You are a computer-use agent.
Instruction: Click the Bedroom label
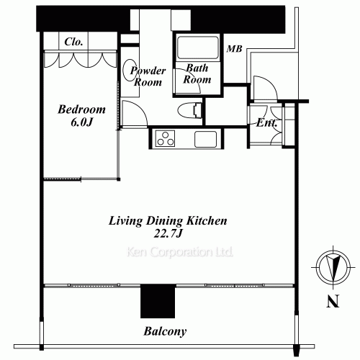pos(81,109)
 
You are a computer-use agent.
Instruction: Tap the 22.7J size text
pos(168,233)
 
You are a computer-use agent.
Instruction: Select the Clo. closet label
pos(73,42)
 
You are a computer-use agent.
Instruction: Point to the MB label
pos(235,49)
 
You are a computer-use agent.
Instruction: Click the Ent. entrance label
pos(266,123)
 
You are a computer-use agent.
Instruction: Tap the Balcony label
pos(165,331)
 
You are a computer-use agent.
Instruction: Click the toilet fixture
pos(190,110)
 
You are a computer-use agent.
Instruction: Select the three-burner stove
pos(165,138)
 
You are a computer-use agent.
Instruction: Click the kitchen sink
pos(206,139)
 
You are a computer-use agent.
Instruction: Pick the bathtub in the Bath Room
pos(198,48)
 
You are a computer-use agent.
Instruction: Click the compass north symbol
pos(333,267)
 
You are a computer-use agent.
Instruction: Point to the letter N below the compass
pos(333,301)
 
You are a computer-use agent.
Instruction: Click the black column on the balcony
pos(158,301)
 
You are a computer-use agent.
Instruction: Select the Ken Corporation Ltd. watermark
pos(180,252)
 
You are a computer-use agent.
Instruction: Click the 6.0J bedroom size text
pos(81,122)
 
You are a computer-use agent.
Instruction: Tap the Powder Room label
pos(148,76)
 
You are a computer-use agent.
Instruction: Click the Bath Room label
pos(197,73)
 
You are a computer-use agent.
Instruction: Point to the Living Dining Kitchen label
pos(168,221)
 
